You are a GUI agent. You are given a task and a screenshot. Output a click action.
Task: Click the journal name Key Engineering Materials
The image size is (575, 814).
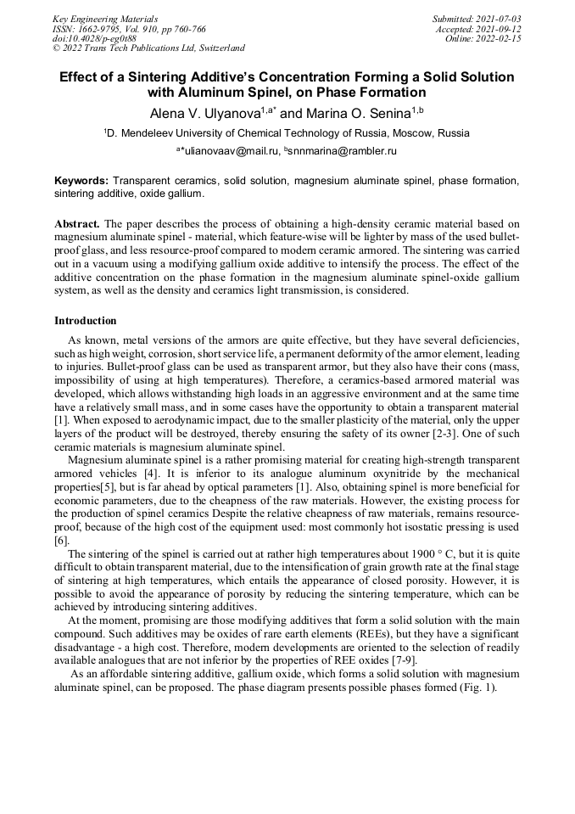[x=105, y=19]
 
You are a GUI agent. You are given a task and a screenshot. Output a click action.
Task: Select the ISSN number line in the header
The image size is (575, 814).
[x=129, y=29]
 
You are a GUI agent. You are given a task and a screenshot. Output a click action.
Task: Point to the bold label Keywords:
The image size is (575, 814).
[x=81, y=181]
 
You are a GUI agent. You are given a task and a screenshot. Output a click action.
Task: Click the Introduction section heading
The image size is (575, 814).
[x=86, y=321]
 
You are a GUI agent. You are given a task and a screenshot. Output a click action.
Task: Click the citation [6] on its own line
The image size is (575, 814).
[x=61, y=540]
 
